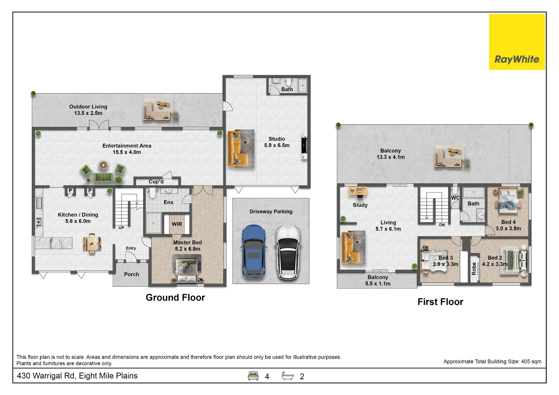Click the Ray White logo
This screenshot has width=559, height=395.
pyautogui.click(x=517, y=42)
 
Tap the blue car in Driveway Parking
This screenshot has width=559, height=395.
pyautogui.click(x=254, y=252)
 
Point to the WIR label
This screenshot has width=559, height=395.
pyautogui.click(x=177, y=224)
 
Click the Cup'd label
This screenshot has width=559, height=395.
pyautogui.click(x=156, y=182)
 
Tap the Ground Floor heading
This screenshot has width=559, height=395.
pyautogui.click(x=175, y=297)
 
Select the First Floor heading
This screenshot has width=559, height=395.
pyautogui.click(x=440, y=302)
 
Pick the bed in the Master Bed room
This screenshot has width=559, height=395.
pyautogui.click(x=186, y=270)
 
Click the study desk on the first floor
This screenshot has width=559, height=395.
pyautogui.click(x=358, y=191)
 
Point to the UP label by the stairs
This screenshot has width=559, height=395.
pyautogui.click(x=121, y=228)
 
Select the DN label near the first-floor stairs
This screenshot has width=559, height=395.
pyautogui.click(x=442, y=225)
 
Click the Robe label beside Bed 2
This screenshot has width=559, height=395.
pyautogui.click(x=474, y=269)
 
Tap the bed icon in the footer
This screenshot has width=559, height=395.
pyautogui.click(x=253, y=376)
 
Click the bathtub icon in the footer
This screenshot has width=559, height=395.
pyautogui.click(x=288, y=376)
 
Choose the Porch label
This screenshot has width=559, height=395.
pyautogui.click(x=131, y=275)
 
